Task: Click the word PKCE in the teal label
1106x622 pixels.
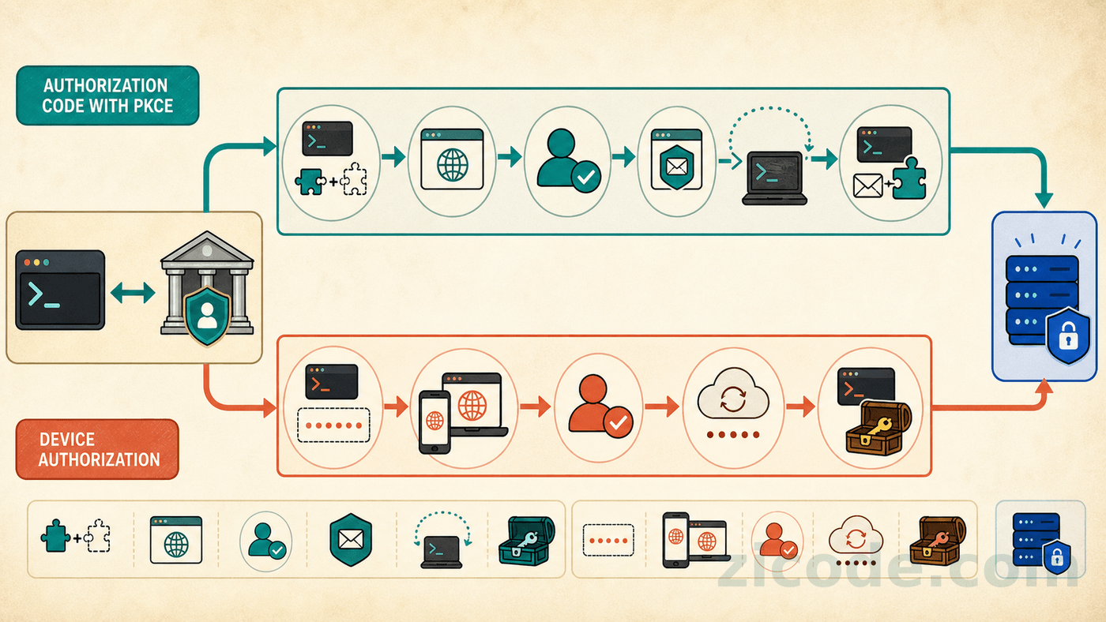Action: [149, 106]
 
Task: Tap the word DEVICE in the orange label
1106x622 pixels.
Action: [66, 440]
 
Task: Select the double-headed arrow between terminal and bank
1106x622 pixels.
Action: [133, 293]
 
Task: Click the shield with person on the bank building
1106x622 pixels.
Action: [207, 316]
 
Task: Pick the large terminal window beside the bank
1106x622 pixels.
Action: [60, 290]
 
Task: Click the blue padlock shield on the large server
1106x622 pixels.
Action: [1068, 335]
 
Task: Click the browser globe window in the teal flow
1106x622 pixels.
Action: [452, 159]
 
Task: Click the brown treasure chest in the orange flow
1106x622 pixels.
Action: [878, 428]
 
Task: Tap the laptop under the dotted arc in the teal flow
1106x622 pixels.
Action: [774, 178]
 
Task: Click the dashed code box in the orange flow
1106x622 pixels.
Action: [333, 425]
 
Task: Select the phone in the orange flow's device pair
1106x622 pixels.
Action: [434, 422]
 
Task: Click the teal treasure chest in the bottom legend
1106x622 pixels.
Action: [526, 540]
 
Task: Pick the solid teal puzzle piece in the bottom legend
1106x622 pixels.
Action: [55, 536]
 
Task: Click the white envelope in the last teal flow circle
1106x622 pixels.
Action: [867, 186]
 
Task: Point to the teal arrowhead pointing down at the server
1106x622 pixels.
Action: [1044, 200]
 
